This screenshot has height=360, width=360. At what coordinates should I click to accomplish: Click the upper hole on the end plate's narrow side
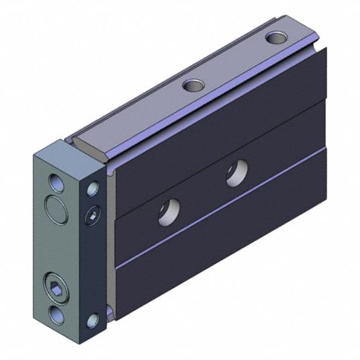pos(93,190)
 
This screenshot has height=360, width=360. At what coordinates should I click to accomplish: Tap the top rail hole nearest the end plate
pos(193,85)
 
